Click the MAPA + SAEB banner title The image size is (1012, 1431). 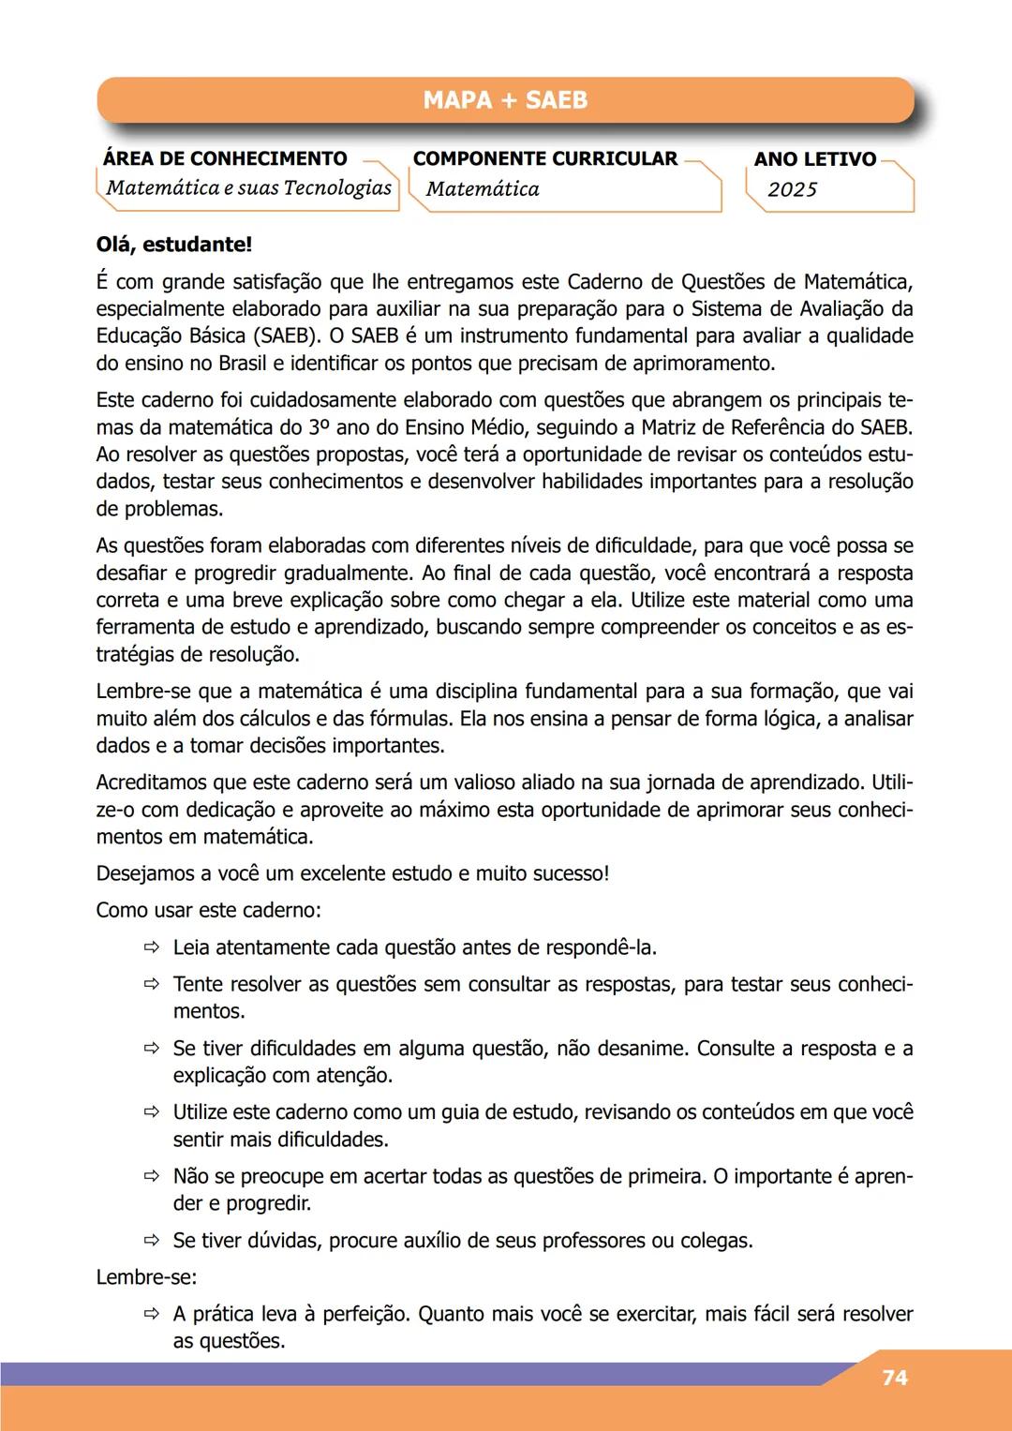coord(505,100)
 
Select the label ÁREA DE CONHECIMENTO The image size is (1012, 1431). coord(225,158)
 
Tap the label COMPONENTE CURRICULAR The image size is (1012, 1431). coord(545,158)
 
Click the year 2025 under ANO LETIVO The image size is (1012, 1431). coord(793,189)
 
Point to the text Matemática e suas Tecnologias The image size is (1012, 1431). coord(248,188)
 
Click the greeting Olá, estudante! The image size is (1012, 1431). coord(174,245)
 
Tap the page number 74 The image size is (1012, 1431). coord(895,1378)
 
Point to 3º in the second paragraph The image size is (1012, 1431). coord(319,427)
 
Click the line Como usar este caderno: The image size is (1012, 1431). coord(208,910)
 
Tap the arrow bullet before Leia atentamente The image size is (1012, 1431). coord(152,947)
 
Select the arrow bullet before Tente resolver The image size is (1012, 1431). coord(152,984)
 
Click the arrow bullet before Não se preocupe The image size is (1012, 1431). coord(152,1176)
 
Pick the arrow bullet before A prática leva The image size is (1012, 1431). coord(152,1314)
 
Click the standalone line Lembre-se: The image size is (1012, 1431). coord(146,1277)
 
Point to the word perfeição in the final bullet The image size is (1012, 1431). coord(365,1314)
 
